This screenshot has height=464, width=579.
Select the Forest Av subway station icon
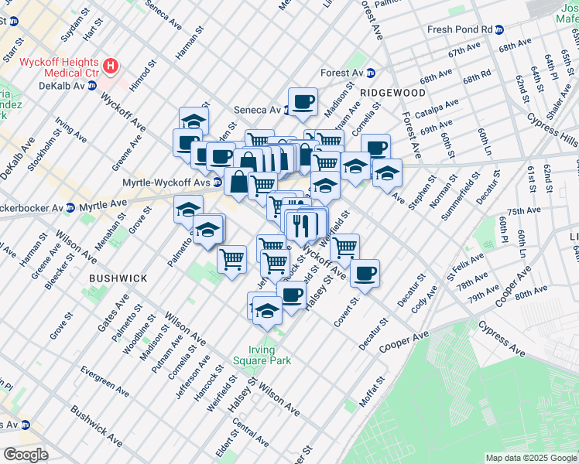[371, 73]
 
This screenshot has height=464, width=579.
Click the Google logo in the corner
[26, 455]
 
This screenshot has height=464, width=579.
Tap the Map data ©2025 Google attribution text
[531, 458]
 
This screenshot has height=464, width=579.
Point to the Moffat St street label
[371, 393]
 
